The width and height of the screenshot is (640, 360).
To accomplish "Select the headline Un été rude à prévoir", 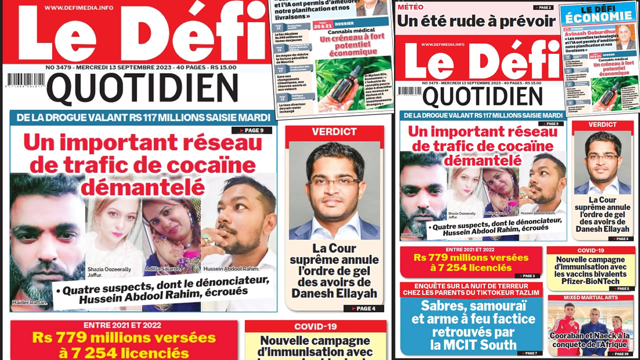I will pos(475,21).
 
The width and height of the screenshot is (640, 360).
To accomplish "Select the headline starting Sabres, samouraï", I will pos(471,325).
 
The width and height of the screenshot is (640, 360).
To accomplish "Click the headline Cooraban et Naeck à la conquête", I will pos(590,340).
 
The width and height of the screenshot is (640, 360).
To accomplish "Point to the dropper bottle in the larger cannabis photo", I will pos(356,82).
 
